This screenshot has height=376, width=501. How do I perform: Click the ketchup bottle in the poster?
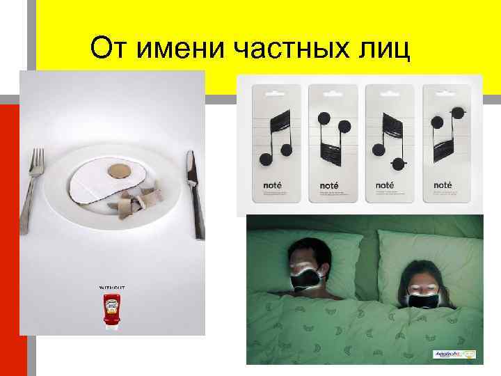click(x=112, y=310)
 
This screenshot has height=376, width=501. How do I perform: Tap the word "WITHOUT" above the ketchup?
click(x=112, y=286)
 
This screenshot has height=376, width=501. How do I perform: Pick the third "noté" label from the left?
click(x=385, y=185)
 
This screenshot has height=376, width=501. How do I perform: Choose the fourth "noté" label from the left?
click(x=443, y=185)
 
